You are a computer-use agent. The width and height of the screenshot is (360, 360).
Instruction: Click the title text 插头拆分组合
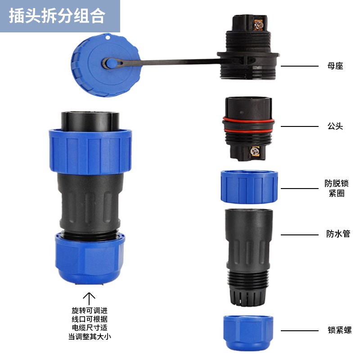(57, 16)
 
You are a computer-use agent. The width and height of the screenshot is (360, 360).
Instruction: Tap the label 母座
(335, 66)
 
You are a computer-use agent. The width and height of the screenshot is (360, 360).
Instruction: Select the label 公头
(335, 126)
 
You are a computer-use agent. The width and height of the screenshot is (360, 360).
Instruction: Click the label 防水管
(337, 234)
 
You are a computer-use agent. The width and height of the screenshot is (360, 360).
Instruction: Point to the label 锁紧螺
(339, 330)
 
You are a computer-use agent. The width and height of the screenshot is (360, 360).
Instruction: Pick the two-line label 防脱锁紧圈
(337, 189)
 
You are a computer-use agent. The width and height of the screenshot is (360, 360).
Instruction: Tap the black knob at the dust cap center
(110, 63)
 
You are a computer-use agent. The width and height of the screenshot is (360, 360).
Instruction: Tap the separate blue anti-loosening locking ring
(249, 187)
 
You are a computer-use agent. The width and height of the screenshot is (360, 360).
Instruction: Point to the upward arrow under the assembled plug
(90, 298)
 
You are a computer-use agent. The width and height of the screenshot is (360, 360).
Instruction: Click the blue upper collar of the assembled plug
(90, 151)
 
